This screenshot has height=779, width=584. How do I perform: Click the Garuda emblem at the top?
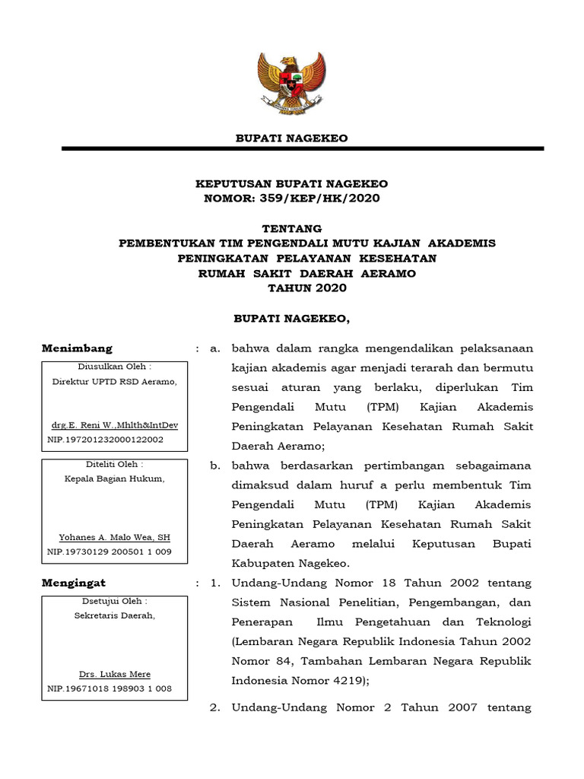pyautogui.click(x=292, y=82)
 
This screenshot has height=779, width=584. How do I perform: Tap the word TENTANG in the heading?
pyautogui.click(x=292, y=228)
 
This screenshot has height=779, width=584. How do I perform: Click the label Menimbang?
pyautogui.click(x=77, y=348)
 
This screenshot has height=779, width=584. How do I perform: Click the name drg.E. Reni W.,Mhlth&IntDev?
pyautogui.click(x=116, y=425)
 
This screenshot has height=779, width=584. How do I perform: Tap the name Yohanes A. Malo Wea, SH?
pyautogui.click(x=115, y=537)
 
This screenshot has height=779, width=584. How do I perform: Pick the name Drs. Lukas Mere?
pyautogui.click(x=115, y=674)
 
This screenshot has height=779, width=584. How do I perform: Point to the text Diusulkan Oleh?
pyautogui.click(x=115, y=367)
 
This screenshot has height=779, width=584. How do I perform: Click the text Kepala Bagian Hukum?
pyautogui.click(x=115, y=478)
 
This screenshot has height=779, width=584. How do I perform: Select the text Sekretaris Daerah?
pyautogui.click(x=115, y=615)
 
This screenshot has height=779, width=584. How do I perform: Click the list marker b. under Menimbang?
pyautogui.click(x=216, y=466)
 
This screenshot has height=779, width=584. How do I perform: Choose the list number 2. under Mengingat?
pyautogui.click(x=216, y=707)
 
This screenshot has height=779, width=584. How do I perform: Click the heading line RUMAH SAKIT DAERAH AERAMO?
pyautogui.click(x=307, y=273)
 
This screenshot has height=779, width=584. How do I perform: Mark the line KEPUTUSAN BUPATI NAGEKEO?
pyautogui.click(x=292, y=184)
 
